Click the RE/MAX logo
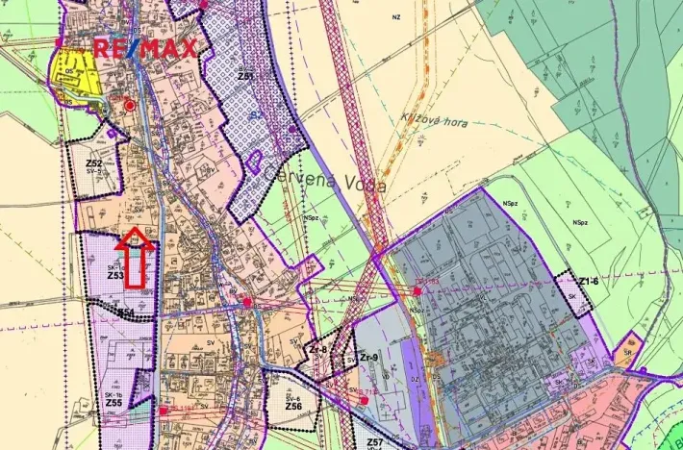(x=145, y=48)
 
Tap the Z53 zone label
(x=115, y=275)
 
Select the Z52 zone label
(x=94, y=163)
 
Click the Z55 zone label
(x=114, y=403)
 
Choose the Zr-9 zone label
(x=368, y=357)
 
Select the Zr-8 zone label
(x=317, y=350)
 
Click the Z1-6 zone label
(x=589, y=281)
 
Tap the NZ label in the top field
(x=395, y=17)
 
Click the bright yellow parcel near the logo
(x=75, y=72)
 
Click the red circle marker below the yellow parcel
(x=130, y=105)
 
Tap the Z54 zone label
(x=125, y=312)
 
